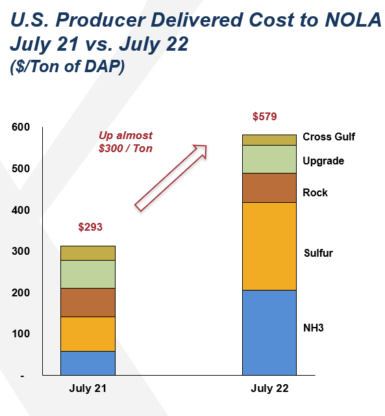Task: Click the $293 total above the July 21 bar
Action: pyautogui.click(x=90, y=227)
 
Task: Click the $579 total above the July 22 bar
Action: pyautogui.click(x=264, y=116)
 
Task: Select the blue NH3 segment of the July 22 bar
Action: pyautogui.click(x=269, y=332)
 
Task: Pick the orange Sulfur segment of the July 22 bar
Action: pyautogui.click(x=269, y=246)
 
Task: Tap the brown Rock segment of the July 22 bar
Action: pyautogui.click(x=269, y=188)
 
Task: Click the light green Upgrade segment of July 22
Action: pyautogui.click(x=269, y=159)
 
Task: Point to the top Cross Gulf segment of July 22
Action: pyautogui.click(x=269, y=140)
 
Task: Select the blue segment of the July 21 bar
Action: pyautogui.click(x=88, y=363)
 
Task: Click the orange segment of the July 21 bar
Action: pyautogui.click(x=88, y=334)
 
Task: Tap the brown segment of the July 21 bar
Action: pyautogui.click(x=88, y=302)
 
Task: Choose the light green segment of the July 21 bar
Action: pyautogui.click(x=88, y=274)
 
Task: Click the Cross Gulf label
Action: pyautogui.click(x=329, y=137)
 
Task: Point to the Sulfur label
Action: pyautogui.click(x=318, y=253)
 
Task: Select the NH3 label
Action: pyautogui.click(x=314, y=328)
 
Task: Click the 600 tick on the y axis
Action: pyautogui.click(x=21, y=127)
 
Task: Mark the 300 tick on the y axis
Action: pyautogui.click(x=21, y=251)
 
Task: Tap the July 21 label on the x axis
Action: pyautogui.click(x=88, y=389)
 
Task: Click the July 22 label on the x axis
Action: pyautogui.click(x=269, y=389)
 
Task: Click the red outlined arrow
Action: pyautogui.click(x=171, y=178)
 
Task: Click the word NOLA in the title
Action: pyautogui.click(x=353, y=20)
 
